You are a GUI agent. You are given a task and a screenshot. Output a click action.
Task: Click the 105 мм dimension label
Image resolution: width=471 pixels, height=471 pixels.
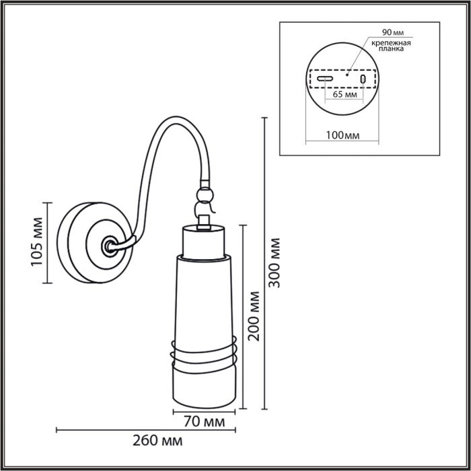(37, 242)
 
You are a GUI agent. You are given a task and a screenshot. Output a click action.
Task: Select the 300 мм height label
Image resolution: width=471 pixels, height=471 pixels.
(274, 262)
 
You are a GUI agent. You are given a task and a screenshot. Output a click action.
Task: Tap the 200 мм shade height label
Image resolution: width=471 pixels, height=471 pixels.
(254, 316)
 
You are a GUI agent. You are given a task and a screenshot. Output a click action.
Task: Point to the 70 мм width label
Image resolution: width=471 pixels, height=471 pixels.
(204, 423)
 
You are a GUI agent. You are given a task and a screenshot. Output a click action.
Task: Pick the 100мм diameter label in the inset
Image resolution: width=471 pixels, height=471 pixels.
(342, 135)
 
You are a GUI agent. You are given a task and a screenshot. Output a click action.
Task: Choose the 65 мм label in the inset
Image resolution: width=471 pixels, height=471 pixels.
(345, 94)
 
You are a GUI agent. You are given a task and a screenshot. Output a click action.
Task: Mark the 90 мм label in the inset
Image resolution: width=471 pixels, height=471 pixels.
(392, 32)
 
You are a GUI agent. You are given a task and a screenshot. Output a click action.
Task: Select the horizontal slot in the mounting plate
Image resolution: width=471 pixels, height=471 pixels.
(325, 79)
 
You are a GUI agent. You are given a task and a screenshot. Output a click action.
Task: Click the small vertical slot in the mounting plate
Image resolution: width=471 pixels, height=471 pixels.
(363, 80)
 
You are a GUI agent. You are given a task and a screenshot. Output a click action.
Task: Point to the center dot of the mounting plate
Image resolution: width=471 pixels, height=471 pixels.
(347, 75)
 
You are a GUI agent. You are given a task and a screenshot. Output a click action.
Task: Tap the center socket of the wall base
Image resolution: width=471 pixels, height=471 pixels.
(107, 246)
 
